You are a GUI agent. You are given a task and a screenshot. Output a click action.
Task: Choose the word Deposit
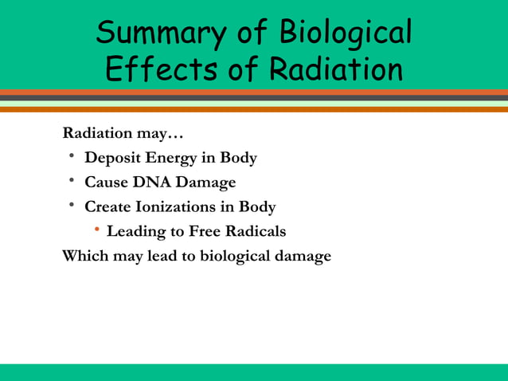[x=112, y=158]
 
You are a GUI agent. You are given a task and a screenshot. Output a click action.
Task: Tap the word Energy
[x=170, y=158]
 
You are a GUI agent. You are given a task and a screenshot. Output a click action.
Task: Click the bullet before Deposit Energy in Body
[x=71, y=156]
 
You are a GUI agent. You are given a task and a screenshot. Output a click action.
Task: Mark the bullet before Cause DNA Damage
[x=71, y=181]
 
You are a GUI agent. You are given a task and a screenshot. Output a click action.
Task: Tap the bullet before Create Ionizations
[x=71, y=206]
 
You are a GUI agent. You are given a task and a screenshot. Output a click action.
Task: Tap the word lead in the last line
[x=162, y=257]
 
